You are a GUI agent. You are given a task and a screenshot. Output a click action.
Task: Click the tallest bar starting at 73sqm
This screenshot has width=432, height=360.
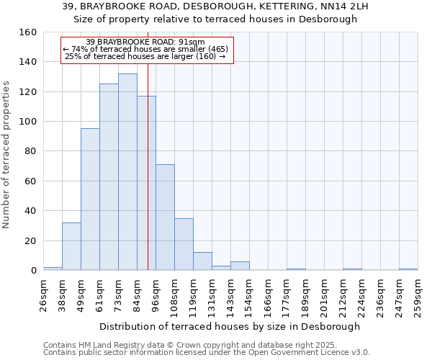127,172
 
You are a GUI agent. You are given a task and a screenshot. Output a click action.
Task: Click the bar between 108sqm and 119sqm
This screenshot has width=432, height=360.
184,244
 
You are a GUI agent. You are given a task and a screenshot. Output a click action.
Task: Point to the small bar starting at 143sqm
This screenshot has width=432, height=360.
240,266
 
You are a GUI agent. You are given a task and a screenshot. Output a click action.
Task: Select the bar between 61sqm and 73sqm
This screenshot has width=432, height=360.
109,177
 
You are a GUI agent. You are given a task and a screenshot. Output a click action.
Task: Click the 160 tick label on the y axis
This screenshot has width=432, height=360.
27,32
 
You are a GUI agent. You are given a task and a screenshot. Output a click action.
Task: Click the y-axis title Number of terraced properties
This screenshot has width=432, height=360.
6,155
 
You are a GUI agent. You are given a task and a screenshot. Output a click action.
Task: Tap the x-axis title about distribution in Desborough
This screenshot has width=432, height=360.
230,326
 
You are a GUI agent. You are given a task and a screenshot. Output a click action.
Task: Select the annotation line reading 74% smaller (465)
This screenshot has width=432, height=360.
145,49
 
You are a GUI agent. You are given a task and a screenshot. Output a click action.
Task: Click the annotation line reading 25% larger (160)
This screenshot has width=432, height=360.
145,56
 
